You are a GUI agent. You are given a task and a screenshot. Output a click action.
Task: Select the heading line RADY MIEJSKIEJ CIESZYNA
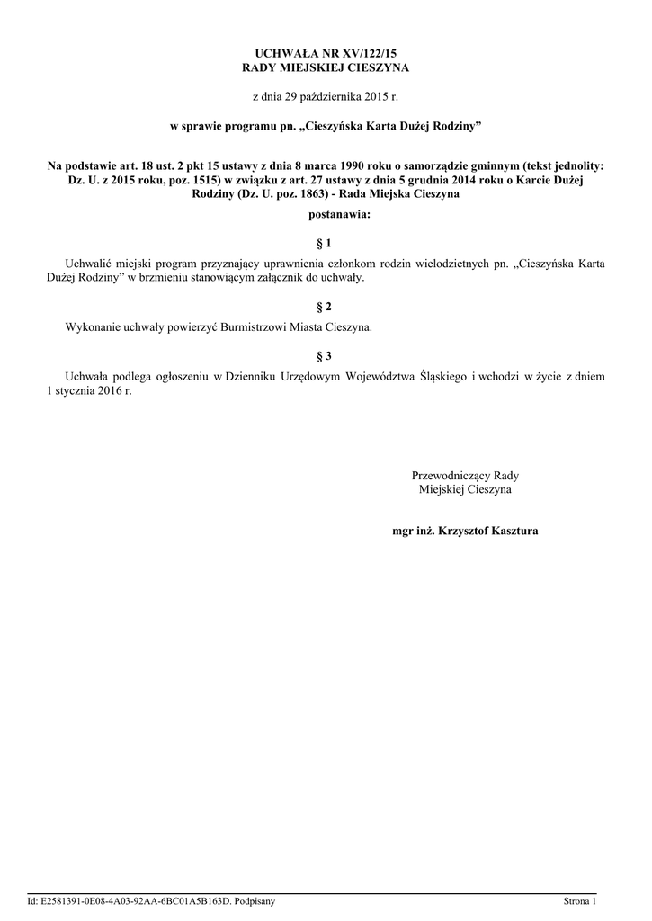coord(326,68)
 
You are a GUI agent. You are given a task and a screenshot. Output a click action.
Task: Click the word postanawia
coord(324,215)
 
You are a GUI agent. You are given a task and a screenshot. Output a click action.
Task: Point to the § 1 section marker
coord(326,243)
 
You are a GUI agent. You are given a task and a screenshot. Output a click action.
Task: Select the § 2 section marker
coord(326,308)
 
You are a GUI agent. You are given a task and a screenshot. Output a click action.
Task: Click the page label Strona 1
coord(579,900)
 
